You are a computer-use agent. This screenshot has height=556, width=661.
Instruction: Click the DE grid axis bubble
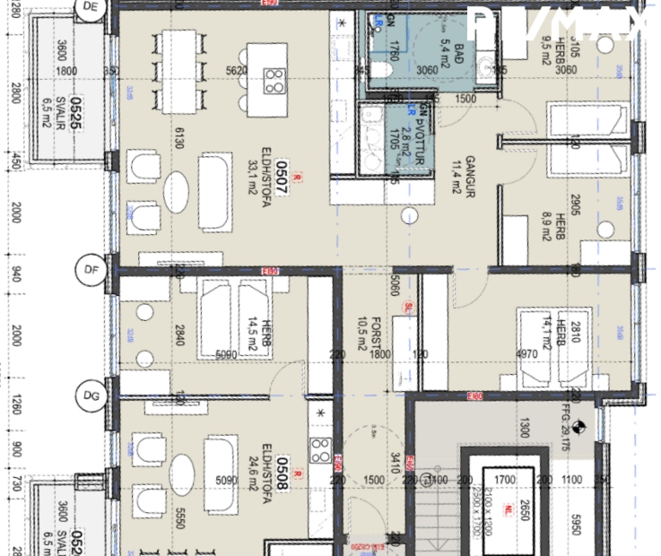tap(89, 7)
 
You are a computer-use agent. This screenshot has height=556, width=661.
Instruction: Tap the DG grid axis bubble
tap(90, 394)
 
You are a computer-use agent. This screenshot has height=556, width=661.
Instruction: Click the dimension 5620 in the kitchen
tap(236, 71)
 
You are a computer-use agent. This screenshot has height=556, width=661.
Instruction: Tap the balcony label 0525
tap(77, 115)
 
